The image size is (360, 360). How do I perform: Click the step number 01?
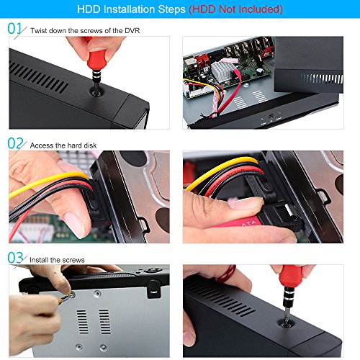coord(14,28)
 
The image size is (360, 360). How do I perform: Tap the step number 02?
coord(15,143)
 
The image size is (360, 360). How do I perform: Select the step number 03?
coord(15,258)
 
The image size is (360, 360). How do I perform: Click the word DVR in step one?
coord(132,31)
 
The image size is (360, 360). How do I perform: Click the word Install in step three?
coord(39,260)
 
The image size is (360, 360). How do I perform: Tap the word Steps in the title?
coord(171,9)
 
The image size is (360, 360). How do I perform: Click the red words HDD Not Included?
coord(235,9)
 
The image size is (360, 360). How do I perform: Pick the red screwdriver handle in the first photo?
coord(96,58)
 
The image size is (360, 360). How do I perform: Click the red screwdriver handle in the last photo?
coord(291,276)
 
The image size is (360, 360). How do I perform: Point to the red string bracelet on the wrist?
coord(227,274)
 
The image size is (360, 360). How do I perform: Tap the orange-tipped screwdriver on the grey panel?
coord(65,298)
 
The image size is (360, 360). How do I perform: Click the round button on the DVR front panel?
coord(271,116)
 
